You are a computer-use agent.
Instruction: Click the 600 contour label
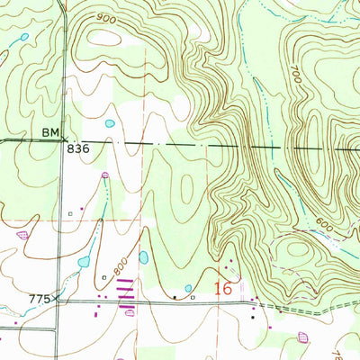coord(324,229)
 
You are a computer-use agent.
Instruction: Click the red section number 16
coord(223,289)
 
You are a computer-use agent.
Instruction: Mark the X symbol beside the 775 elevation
coord(58,297)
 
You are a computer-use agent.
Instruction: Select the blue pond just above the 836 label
coord(110,123)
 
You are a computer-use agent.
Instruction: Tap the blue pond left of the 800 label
coord(84,262)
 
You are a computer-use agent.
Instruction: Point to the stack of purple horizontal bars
coord(127,290)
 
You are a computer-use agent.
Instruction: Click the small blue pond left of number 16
coord(189,288)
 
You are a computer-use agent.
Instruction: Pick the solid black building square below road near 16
coord(253,316)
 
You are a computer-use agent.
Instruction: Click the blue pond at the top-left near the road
coord(24,37)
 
